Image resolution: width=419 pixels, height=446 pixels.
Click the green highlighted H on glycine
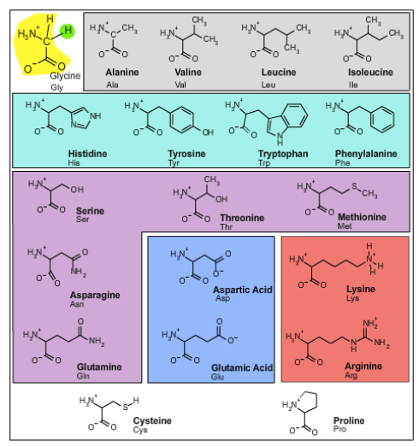[68, 31]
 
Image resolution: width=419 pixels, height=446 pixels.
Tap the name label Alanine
[122, 73]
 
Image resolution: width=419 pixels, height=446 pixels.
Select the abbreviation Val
[180, 85]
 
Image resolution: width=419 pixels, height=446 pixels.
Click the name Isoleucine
[370, 73]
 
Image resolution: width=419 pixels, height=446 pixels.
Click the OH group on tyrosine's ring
[208, 132]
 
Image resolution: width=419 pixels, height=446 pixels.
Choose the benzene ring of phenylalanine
[382, 120]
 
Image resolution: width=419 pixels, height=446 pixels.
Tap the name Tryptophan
[283, 154]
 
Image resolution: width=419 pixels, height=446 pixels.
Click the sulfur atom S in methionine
[354, 186]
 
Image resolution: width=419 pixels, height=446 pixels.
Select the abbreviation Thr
[227, 227]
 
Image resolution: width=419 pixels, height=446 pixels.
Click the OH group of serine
[77, 190]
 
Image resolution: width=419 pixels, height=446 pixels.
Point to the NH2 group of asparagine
[79, 272]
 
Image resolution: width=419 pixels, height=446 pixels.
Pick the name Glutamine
[99, 367]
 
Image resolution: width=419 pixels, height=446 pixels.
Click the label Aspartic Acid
[243, 290]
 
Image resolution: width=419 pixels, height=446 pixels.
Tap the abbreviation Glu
[217, 377]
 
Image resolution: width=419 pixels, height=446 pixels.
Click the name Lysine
[361, 290]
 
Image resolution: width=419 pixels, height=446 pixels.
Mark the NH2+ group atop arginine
[370, 323]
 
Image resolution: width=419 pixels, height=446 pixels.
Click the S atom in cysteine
[126, 408]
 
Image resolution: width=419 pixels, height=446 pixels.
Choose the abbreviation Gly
[57, 87]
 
